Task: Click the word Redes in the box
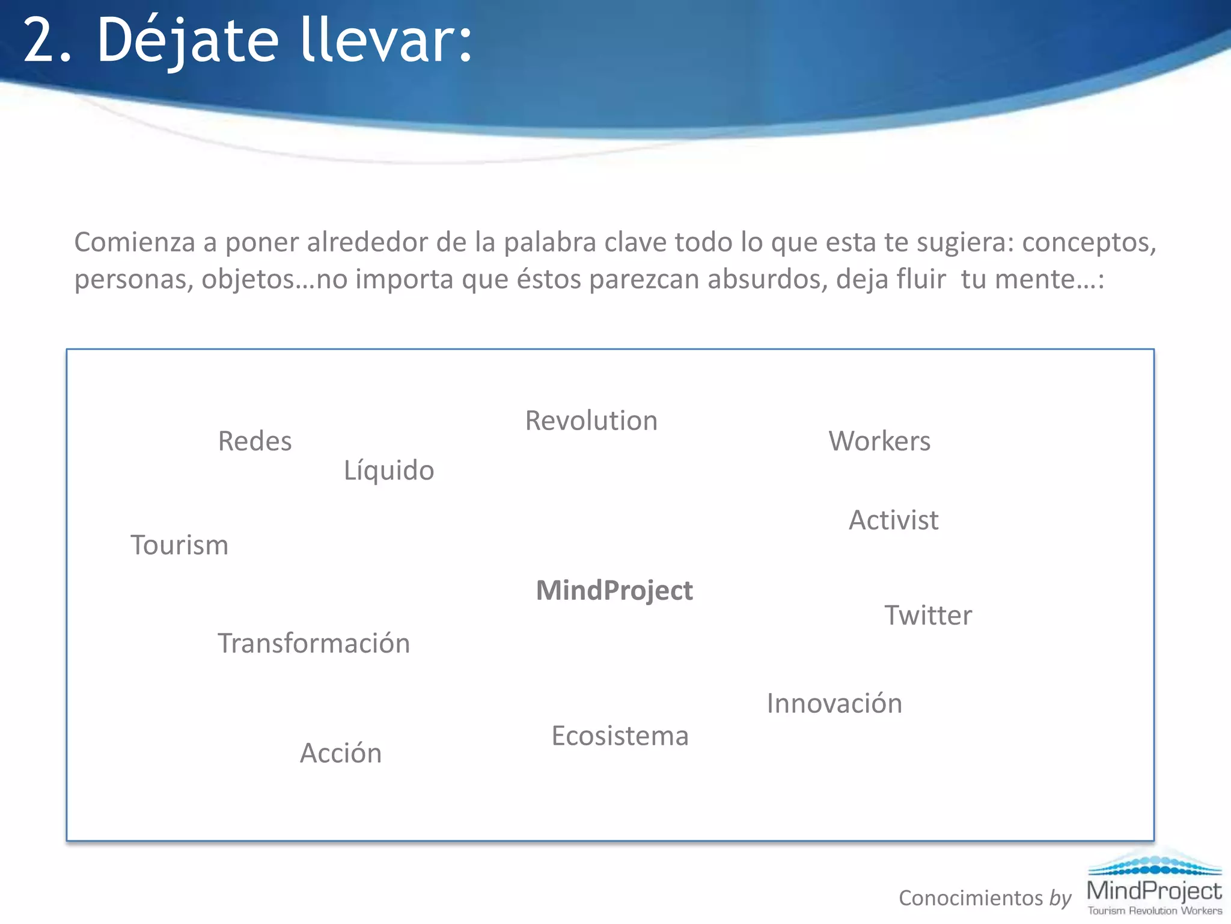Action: point(255,441)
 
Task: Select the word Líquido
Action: point(389,470)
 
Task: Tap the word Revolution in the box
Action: point(591,420)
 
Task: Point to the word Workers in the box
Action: point(879,441)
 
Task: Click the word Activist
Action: point(893,520)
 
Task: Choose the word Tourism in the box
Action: point(180,545)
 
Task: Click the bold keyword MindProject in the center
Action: point(614,590)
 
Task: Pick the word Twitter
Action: point(928,615)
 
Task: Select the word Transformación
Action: point(314,643)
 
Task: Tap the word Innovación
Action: point(834,703)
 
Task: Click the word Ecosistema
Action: point(620,736)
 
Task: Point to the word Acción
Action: point(341,753)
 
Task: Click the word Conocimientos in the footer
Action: point(971,898)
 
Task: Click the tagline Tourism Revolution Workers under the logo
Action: point(1155,911)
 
